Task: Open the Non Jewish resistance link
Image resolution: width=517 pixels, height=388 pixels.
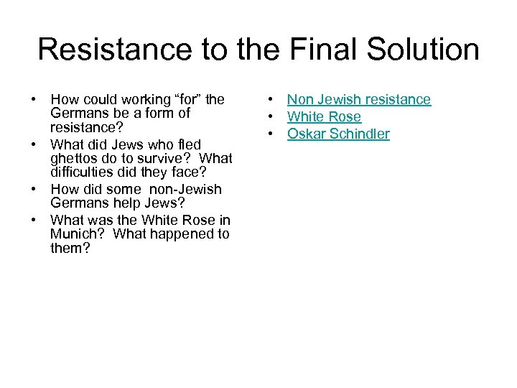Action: coord(359,100)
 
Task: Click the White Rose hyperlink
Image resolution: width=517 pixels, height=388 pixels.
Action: coord(324,117)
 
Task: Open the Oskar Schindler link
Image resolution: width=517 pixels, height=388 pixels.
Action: coord(338,134)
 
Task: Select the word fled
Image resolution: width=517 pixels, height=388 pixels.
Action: coord(192,145)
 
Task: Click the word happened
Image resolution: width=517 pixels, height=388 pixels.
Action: coord(179,234)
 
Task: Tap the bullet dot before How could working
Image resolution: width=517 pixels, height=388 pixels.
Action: coord(34,100)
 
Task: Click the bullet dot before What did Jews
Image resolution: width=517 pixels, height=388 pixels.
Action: coord(34,145)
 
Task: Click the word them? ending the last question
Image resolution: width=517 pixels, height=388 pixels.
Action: coord(70,248)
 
